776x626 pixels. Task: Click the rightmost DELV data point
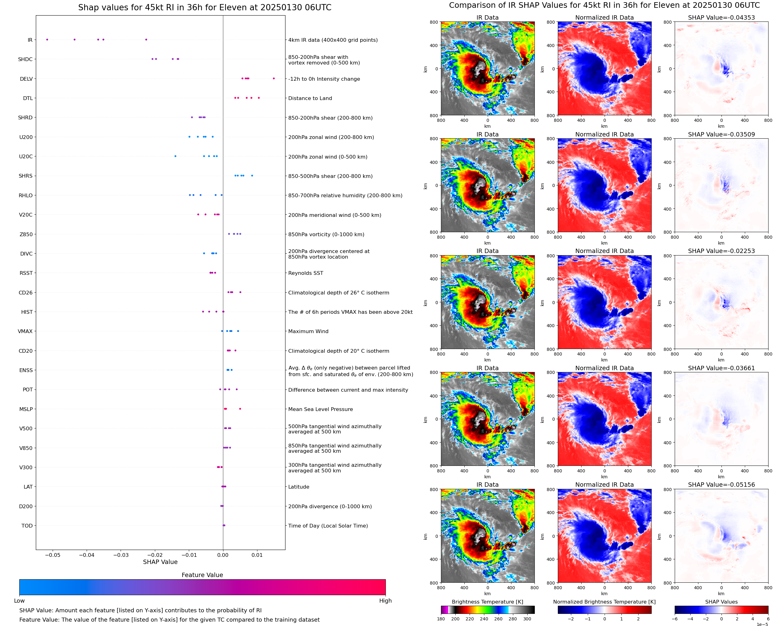pyautogui.click(x=274, y=78)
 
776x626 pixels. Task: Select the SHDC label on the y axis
pyautogui.click(x=25, y=59)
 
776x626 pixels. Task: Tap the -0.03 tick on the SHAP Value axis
pyautogui.click(x=121, y=555)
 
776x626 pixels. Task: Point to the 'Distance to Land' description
pyautogui.click(x=310, y=98)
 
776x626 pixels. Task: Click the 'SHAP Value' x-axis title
pyautogui.click(x=160, y=562)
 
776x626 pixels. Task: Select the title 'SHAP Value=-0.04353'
pyautogui.click(x=721, y=17)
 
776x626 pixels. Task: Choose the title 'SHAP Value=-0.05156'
pyautogui.click(x=721, y=485)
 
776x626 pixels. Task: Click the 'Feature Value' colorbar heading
pyautogui.click(x=202, y=575)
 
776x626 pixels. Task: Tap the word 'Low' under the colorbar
pyautogui.click(x=19, y=600)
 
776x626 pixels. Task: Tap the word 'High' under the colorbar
pyautogui.click(x=385, y=600)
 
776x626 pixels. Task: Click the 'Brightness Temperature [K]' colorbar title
pyautogui.click(x=487, y=602)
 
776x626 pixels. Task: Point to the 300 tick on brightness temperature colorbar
pyautogui.click(x=527, y=619)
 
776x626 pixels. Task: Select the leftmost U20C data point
pyautogui.click(x=175, y=156)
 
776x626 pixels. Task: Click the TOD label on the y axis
pyautogui.click(x=27, y=525)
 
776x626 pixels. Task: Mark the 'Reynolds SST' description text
pyautogui.click(x=306, y=273)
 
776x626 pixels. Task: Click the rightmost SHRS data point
pyautogui.click(x=252, y=176)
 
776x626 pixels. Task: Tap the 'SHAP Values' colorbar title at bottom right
pyautogui.click(x=721, y=602)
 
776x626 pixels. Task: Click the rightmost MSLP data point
pyautogui.click(x=240, y=409)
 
